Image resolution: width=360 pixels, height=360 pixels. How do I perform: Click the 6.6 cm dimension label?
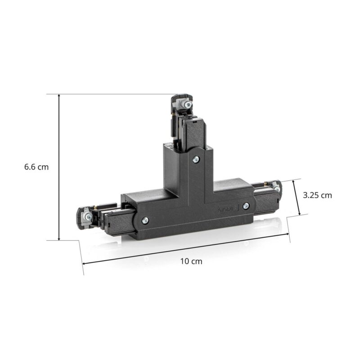point(36,167)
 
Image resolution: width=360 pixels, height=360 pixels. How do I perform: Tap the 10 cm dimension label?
point(191,261)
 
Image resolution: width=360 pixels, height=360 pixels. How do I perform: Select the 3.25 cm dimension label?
point(317,195)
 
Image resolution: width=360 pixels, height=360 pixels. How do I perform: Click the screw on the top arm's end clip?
point(188,104)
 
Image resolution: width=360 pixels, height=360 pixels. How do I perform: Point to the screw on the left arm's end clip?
point(88,216)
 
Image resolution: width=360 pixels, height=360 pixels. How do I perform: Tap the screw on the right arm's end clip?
point(277,189)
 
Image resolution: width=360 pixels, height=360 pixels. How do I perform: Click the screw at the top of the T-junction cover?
point(196,159)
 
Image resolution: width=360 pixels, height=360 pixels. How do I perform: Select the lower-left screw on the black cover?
point(145,220)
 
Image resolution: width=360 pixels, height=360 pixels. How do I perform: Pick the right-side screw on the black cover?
point(246,206)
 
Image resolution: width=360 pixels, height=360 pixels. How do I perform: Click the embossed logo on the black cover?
point(226,209)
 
